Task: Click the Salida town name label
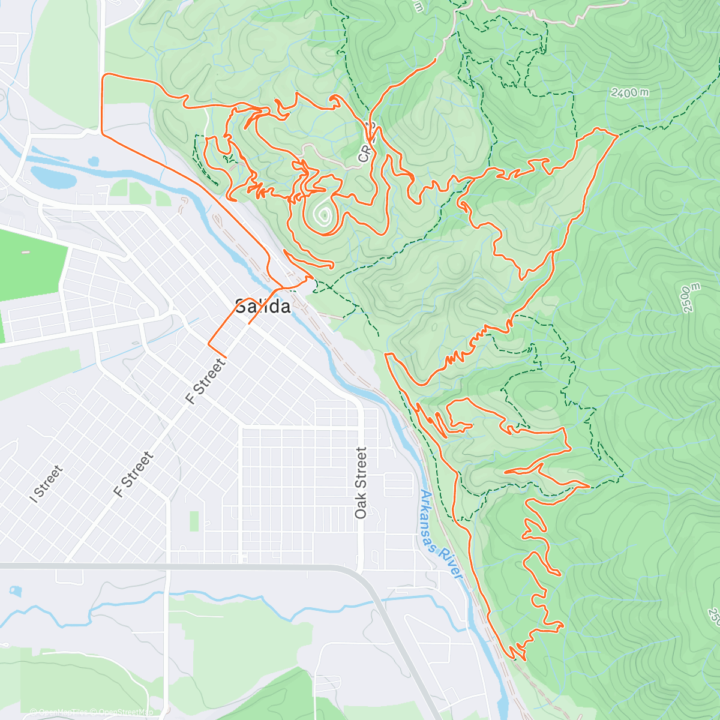click(x=263, y=307)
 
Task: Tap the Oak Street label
click(x=361, y=483)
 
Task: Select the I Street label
click(x=46, y=484)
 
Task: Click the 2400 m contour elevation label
click(x=630, y=92)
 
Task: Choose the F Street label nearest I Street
click(x=134, y=475)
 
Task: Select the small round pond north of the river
click(x=93, y=161)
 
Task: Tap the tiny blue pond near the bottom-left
click(x=15, y=591)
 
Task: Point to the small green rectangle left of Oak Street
click(x=194, y=521)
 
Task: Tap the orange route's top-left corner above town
click(x=106, y=76)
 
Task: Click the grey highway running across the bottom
click(x=180, y=565)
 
